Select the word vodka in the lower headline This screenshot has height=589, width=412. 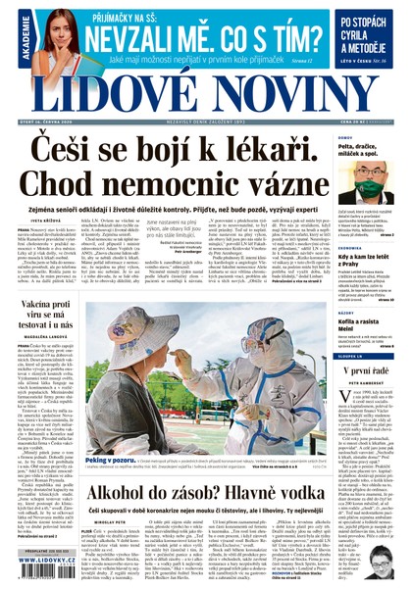[298, 471]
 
